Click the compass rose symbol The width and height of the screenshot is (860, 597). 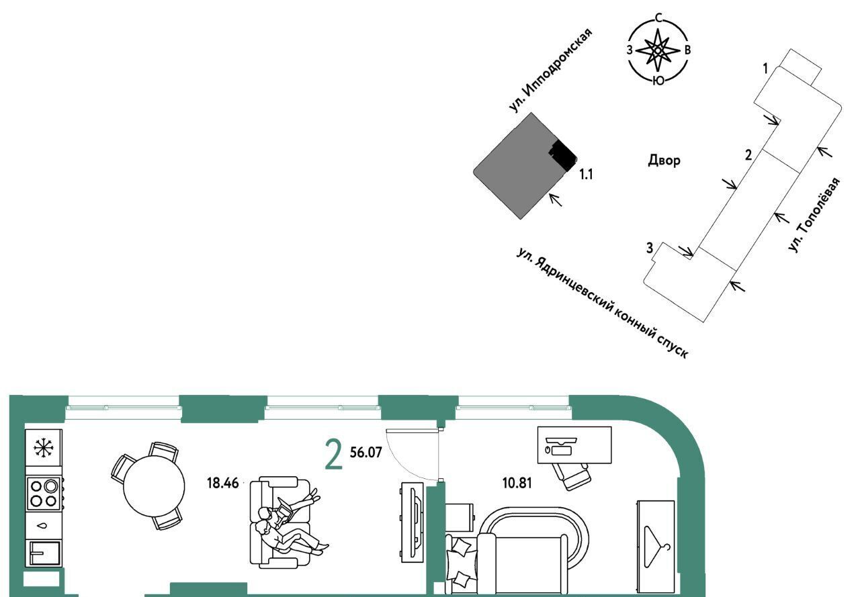pos(659,50)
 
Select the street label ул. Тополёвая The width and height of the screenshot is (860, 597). pos(815,216)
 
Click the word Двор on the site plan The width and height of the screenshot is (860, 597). pos(664,160)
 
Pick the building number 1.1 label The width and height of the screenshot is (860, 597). pos(586,175)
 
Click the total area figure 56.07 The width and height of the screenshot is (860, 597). pos(365,453)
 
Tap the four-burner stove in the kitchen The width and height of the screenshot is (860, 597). pos(44,492)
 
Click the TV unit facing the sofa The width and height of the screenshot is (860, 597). pos(411,521)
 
